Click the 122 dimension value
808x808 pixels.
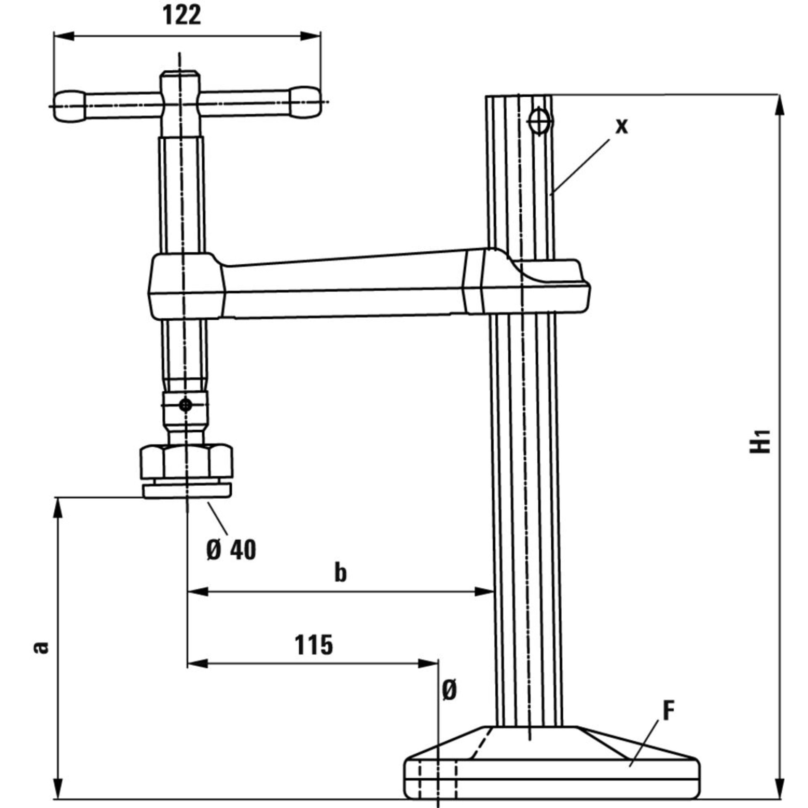[182, 16]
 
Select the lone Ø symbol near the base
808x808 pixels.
[449, 691]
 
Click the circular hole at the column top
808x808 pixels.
[540, 122]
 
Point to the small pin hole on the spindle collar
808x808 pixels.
[185, 405]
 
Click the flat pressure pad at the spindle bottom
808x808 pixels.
[187, 490]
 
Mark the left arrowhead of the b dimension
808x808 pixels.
[197, 592]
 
